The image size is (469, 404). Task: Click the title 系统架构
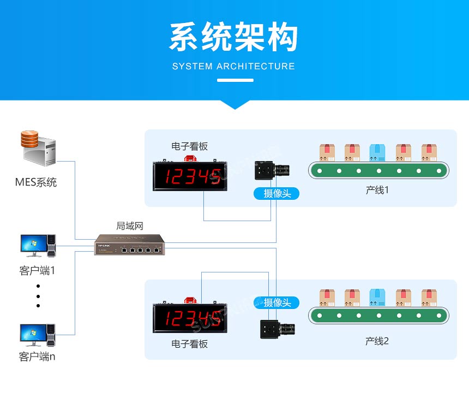[x=234, y=38]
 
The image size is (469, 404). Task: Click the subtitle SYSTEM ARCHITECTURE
[x=233, y=66]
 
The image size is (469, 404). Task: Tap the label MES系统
[x=36, y=182]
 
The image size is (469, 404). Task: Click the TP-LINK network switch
[x=129, y=245]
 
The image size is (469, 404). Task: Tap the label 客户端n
[x=37, y=357]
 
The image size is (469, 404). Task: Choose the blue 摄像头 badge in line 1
[x=277, y=193]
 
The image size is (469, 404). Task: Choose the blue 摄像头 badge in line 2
[x=277, y=302]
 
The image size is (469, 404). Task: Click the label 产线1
[x=377, y=191]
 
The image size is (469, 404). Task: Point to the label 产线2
[x=377, y=341]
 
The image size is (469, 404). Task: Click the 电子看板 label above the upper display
[x=189, y=146]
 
